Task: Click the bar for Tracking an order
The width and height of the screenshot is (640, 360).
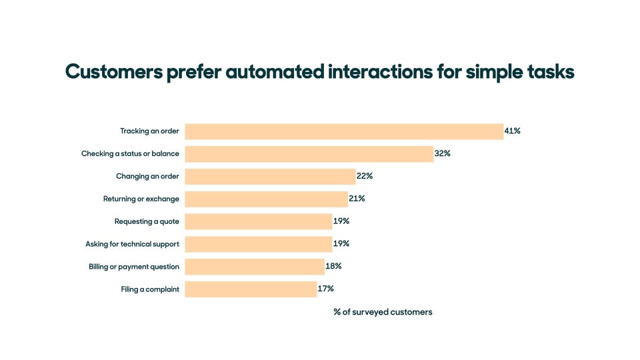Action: (344, 131)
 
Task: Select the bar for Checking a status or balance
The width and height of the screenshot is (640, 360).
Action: (309, 154)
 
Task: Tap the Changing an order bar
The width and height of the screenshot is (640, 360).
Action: (270, 177)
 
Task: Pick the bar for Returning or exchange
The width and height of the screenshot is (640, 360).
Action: (267, 199)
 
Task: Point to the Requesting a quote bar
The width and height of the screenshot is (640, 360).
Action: (259, 221)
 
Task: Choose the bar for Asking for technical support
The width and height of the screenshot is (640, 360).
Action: (259, 244)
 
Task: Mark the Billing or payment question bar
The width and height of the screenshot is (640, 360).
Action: (255, 267)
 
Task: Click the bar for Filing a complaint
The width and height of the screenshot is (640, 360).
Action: (251, 289)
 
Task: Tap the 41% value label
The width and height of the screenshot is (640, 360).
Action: (512, 131)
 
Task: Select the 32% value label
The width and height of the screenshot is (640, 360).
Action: (442, 154)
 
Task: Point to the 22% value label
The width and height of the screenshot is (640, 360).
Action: (364, 177)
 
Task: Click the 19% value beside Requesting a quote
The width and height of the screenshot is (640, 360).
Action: (341, 221)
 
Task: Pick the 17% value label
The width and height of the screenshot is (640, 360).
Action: (325, 289)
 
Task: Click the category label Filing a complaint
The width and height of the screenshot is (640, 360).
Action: (150, 289)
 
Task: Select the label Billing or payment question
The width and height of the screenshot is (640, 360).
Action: (134, 267)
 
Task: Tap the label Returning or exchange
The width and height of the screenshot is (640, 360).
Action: (141, 199)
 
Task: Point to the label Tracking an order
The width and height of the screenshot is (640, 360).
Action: (149, 131)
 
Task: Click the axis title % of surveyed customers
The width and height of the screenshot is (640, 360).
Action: (383, 312)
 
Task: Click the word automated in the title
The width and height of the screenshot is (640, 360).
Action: (275, 72)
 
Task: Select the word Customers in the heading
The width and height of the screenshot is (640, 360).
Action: (113, 72)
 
